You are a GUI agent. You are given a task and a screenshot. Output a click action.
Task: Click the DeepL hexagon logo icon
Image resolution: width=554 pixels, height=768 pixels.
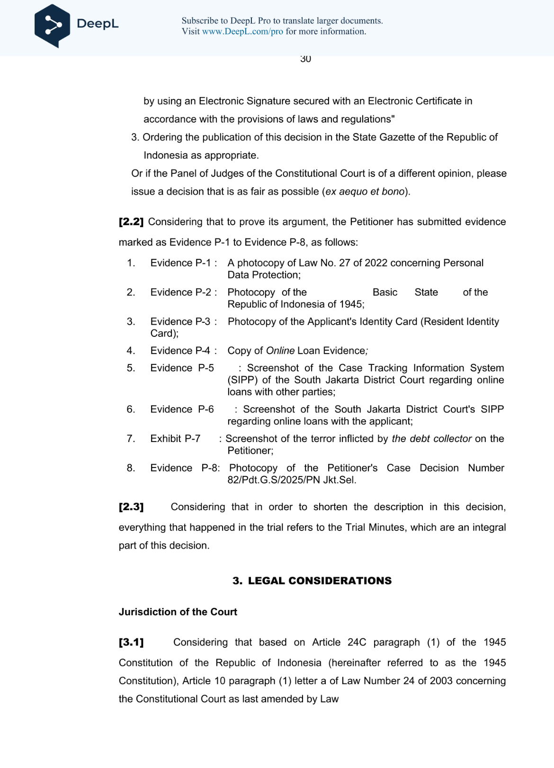point(52,25)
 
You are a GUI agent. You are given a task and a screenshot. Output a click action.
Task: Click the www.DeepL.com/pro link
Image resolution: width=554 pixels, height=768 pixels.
point(242,32)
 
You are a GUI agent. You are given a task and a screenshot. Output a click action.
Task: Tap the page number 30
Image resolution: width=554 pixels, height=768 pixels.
point(305,59)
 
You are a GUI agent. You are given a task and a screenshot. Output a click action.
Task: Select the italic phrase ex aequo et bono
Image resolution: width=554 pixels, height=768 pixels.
point(365,192)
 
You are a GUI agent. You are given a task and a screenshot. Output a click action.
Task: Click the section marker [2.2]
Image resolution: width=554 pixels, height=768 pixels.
point(131,222)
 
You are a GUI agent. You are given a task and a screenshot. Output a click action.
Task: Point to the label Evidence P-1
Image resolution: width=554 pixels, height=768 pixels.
point(180,263)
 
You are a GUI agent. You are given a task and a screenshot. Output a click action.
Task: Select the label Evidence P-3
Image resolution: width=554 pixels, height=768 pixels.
point(180,322)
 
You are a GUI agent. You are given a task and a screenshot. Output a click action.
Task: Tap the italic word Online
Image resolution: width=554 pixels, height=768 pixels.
point(280,351)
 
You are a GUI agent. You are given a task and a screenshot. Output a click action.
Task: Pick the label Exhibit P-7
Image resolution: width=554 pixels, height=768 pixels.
point(175,439)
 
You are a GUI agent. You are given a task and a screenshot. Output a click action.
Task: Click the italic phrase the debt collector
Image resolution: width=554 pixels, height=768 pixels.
point(431,439)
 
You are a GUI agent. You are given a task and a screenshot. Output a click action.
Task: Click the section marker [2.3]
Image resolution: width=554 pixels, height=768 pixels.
point(131,507)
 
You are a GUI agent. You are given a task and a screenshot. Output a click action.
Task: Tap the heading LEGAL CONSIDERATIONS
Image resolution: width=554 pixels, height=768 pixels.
point(320,581)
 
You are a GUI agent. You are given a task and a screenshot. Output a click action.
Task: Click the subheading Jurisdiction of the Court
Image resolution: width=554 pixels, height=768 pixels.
point(178,612)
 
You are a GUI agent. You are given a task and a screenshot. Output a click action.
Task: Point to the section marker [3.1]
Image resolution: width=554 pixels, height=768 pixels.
point(131,643)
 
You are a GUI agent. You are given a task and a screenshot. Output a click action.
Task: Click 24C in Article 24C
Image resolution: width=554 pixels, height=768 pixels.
point(357,643)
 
